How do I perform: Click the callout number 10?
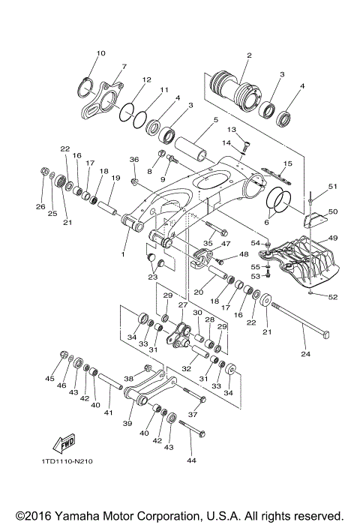101,53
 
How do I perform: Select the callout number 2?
249,55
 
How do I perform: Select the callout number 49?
333,238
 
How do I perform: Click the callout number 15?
287,163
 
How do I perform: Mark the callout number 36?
134,160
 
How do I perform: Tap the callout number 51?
333,186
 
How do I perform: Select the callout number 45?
50,379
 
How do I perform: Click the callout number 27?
181,305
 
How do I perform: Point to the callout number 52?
333,296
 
